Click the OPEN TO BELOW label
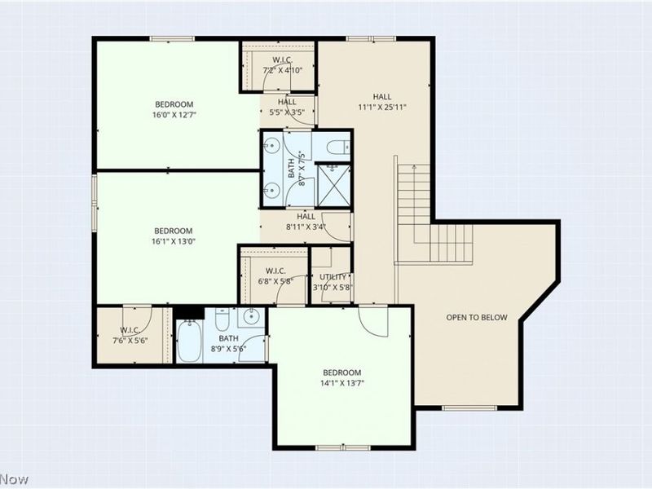pos(477,317)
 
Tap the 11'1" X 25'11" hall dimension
pos(382,107)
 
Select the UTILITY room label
pos(333,277)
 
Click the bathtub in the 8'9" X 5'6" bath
pos(189,340)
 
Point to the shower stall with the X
pos(333,186)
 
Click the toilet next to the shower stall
pos(338,147)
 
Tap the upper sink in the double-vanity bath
pos(271,146)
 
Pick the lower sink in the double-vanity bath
pos(271,190)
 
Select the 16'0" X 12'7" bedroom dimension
pos(174,114)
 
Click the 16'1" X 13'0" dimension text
pos(174,240)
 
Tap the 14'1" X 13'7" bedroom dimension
pos(342,383)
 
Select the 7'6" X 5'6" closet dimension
pos(130,340)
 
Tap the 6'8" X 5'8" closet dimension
pos(275,280)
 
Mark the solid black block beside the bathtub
pos(189,312)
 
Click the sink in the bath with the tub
pos(251,317)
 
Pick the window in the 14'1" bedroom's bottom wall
pos(343,447)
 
